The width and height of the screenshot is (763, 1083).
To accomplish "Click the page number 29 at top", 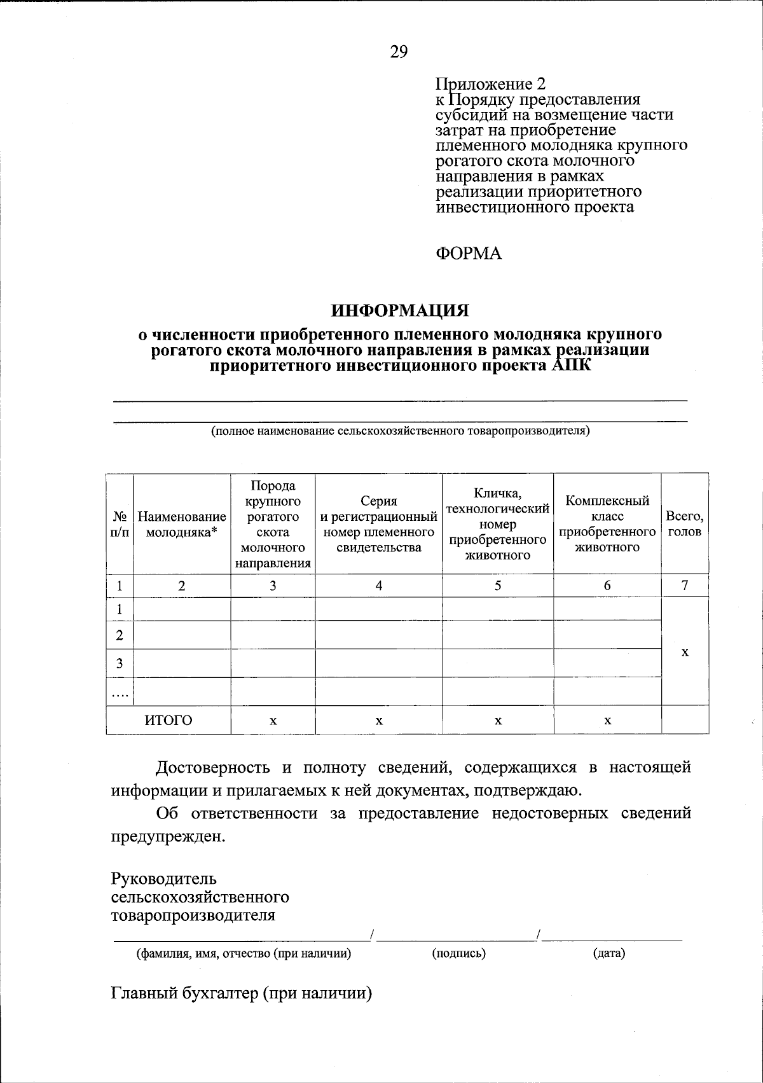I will point(399,52).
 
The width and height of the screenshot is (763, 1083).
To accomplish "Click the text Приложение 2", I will point(490,84).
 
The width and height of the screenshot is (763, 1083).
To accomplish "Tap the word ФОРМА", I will point(469,254).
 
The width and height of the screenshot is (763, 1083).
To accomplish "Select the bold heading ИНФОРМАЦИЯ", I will point(400,310).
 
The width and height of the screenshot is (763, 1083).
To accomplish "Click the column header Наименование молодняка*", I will point(182,525).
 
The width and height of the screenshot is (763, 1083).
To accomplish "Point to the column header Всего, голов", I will point(685,524).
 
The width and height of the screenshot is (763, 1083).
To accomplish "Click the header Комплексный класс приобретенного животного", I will point(607,524).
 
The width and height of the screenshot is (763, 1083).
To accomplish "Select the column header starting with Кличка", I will point(498,524).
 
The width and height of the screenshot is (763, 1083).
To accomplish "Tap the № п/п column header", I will point(120,525).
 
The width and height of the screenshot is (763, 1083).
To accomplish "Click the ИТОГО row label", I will point(168,720).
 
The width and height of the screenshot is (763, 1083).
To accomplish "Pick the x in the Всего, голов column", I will point(685,652).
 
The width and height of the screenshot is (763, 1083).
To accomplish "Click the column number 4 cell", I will point(379,586).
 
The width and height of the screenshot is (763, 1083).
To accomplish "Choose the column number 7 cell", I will point(685,586).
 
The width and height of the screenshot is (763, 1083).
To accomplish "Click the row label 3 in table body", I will point(120,663).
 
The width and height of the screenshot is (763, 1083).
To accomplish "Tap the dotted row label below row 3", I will point(120,693).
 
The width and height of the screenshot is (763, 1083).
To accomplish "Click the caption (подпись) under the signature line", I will point(458,953).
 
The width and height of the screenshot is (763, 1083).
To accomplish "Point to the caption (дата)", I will point(608,953).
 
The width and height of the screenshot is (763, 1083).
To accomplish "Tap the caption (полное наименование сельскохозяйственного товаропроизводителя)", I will point(401,431).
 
